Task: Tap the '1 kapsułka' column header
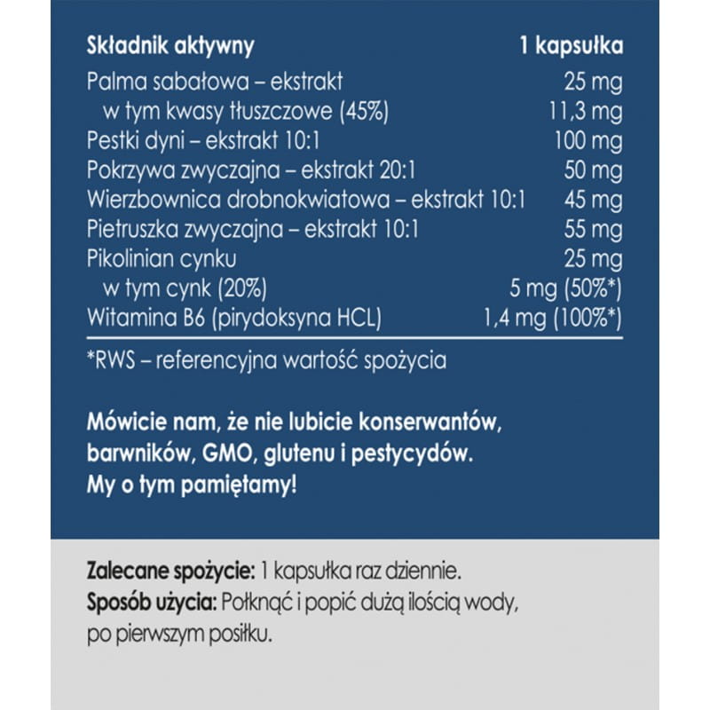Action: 571,45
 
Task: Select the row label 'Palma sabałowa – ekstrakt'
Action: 215,83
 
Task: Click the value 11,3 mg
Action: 580,112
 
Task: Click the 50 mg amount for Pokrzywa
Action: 593,170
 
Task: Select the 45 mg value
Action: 593,200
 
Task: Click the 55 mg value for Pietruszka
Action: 593,230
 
